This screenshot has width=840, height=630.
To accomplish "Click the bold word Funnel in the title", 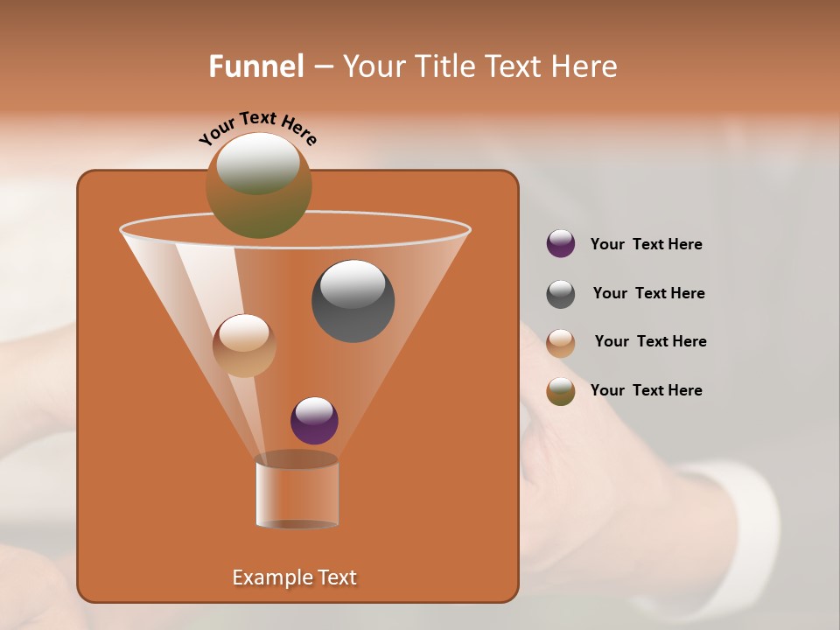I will pyautogui.click(x=256, y=66).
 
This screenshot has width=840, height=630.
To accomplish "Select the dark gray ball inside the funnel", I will pyautogui.click(x=353, y=301).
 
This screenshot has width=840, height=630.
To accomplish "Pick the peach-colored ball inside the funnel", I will pyautogui.click(x=244, y=346).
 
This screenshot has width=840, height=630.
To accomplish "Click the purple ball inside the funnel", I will pyautogui.click(x=314, y=421).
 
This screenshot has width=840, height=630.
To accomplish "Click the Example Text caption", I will pyautogui.click(x=294, y=577).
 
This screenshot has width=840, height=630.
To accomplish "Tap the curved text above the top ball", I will pyautogui.click(x=258, y=127).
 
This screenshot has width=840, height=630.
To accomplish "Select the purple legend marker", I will pyautogui.click(x=561, y=244).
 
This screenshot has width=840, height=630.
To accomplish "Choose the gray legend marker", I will pyautogui.click(x=561, y=294).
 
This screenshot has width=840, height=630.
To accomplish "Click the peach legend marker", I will pyautogui.click(x=561, y=343).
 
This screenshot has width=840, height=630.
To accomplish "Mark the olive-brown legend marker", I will pyautogui.click(x=561, y=391).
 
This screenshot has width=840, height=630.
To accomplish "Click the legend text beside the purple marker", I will pyautogui.click(x=646, y=244).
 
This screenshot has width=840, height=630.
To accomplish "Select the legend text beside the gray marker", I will pyautogui.click(x=648, y=293).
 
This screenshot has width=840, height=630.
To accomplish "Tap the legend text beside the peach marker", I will pyautogui.click(x=650, y=341).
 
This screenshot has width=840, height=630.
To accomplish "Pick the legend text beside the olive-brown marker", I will pyautogui.click(x=646, y=390).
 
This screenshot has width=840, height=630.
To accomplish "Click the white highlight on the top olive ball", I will pyautogui.click(x=258, y=162).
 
